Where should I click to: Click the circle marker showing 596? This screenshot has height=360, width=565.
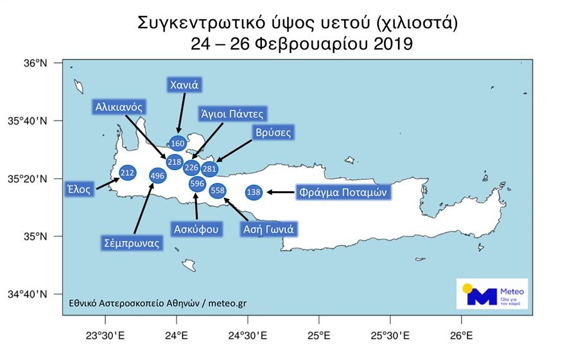point(197,184)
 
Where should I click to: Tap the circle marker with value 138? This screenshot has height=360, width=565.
point(254,192)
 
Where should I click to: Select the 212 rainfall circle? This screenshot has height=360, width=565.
point(127,173)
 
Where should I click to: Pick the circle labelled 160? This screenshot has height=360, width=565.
point(178,144)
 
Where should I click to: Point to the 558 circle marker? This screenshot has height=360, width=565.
point(218,190)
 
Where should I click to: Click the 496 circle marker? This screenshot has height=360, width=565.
point(157,175)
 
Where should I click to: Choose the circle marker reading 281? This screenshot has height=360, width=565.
point(209,169)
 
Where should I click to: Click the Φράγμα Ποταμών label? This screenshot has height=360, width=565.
point(343,191)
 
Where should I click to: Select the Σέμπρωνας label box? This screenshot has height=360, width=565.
point(132,243)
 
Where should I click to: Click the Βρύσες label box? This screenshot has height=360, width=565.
point(272,133)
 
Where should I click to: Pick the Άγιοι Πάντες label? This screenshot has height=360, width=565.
point(232,114)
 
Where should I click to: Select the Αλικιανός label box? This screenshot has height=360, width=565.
point(118,106)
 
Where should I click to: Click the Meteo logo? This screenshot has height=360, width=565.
point(492,294)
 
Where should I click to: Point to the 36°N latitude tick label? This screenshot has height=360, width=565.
point(37,63)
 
